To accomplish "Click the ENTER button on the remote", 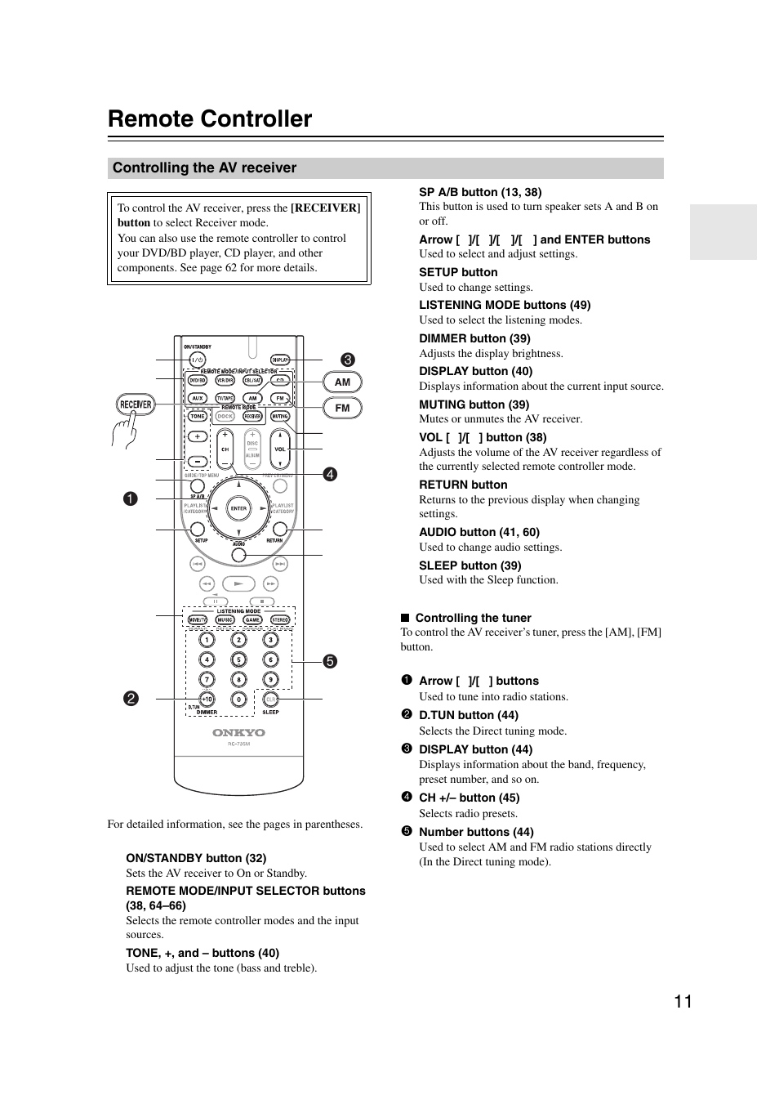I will (x=238, y=508).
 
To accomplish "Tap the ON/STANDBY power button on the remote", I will (x=197, y=360).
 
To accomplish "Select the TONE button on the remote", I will (x=198, y=416).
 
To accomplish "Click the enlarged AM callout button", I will (x=342, y=382).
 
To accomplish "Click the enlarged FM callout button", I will (x=342, y=408).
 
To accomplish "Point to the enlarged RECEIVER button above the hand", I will (x=136, y=404).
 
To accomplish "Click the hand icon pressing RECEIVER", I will (x=124, y=431).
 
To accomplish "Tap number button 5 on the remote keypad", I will (x=238, y=659).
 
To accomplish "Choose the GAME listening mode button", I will (x=252, y=620).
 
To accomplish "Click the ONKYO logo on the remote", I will (x=238, y=733).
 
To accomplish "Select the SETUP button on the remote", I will (x=198, y=530).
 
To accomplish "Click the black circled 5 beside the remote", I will (x=329, y=661).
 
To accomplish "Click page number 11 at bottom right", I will (x=683, y=1002).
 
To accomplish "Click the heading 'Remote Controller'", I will (x=210, y=119).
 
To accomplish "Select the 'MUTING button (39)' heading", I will (x=474, y=405).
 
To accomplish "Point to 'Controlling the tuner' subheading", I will (x=473, y=618).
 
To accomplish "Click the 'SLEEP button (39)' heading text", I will (x=470, y=565).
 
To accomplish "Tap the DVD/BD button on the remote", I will (x=198, y=381).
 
